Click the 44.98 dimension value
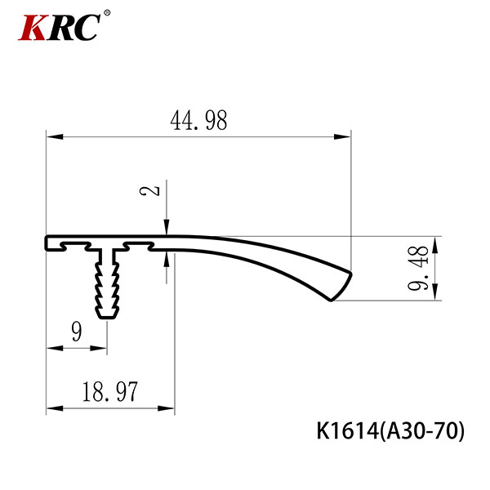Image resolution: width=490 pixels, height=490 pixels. (x=198, y=120)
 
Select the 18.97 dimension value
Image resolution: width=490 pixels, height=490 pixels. (x=109, y=391)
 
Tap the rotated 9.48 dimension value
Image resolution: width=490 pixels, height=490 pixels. (x=418, y=268)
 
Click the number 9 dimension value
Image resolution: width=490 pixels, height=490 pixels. (x=77, y=332)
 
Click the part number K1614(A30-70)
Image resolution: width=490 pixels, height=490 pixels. (x=390, y=431)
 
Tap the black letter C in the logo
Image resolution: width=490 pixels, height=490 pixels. (x=87, y=28)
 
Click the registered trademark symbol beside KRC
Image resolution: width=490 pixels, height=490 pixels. (x=107, y=13)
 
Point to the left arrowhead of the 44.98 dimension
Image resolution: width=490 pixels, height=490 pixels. (x=55, y=136)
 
